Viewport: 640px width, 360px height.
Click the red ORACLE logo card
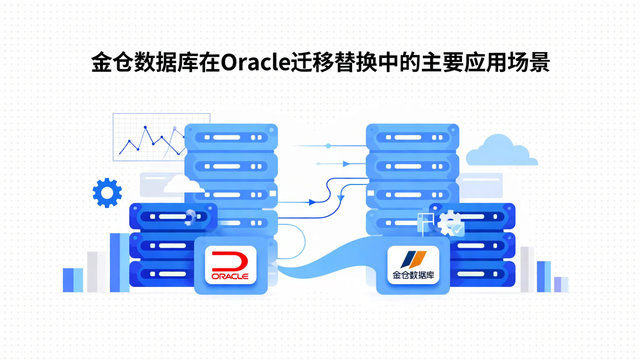[x=231, y=265]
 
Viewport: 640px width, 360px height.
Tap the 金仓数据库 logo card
[x=413, y=265]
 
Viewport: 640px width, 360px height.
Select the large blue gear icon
[x=107, y=192]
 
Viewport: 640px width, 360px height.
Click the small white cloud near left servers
[x=183, y=184]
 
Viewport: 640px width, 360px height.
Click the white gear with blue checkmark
[x=451, y=224]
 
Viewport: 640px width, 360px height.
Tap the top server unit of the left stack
[x=231, y=137]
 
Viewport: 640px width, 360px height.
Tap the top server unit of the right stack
[x=412, y=137]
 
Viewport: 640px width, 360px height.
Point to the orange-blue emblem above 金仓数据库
[x=413, y=259]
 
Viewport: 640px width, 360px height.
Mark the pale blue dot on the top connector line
[x=328, y=146]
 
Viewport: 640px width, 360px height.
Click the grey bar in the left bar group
[x=96, y=272]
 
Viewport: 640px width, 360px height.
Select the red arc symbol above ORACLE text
[x=231, y=260]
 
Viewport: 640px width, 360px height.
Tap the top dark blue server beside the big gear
[x=173, y=216]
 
